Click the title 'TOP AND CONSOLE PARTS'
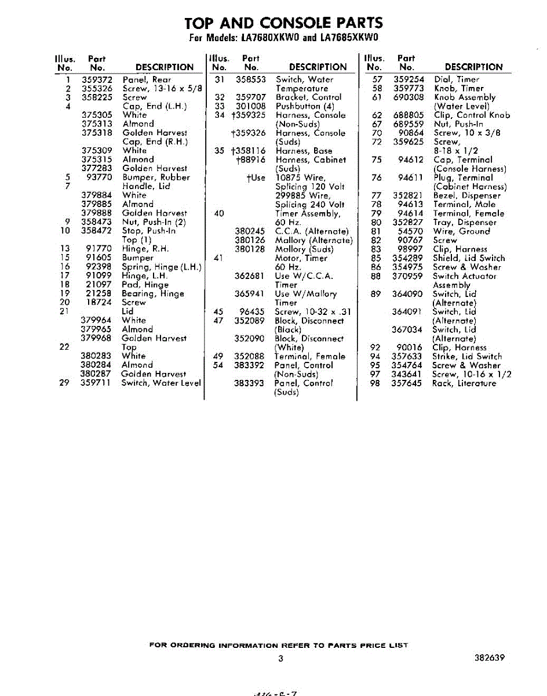[x=283, y=23]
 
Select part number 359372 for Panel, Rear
[x=96, y=79]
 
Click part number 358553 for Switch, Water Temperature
[x=251, y=79]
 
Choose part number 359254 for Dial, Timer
[x=409, y=79]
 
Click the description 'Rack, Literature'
[x=464, y=383]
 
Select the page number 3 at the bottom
[x=280, y=658]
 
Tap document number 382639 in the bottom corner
[x=488, y=658]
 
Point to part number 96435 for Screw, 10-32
[x=252, y=311]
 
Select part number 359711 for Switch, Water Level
[x=96, y=383]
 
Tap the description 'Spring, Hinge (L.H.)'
[x=161, y=267]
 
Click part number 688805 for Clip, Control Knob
[x=409, y=115]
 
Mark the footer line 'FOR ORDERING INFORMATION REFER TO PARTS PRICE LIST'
[x=278, y=645]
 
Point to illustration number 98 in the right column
[x=375, y=383]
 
